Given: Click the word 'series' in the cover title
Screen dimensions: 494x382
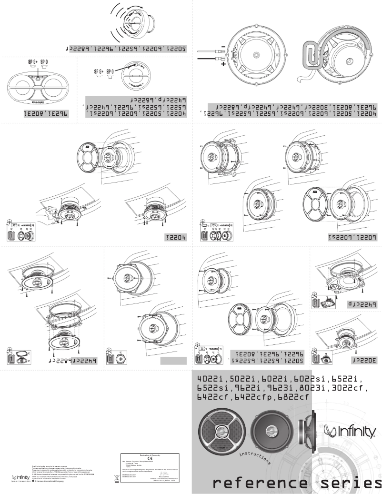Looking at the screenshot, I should [350, 483].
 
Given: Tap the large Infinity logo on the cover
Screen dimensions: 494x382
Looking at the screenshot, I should [351, 432].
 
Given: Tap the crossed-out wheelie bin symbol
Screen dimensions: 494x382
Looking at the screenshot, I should [117, 479].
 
